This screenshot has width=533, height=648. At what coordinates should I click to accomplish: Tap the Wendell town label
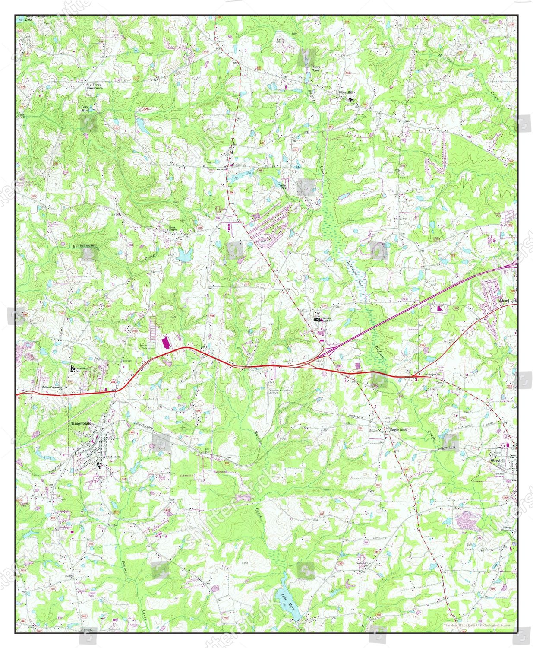(497, 461)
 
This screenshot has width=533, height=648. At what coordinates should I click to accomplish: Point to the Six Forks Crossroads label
(94, 86)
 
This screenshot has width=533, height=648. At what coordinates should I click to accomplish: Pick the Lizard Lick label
(507, 300)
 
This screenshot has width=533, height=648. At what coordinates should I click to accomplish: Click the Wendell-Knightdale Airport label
(281, 391)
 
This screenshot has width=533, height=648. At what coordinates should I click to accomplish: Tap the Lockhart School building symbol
(73, 368)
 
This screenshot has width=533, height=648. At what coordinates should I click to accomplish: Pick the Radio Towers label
(280, 41)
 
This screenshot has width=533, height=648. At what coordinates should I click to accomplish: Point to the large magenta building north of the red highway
(164, 343)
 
